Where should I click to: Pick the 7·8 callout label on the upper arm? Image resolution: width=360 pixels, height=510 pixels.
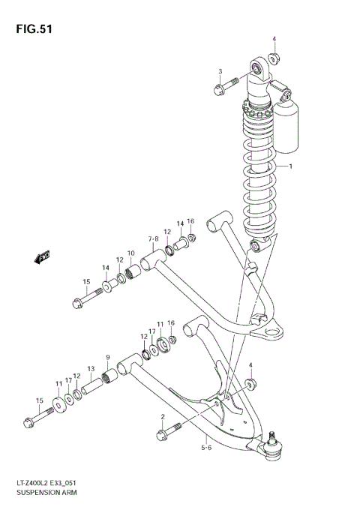tap(154, 241)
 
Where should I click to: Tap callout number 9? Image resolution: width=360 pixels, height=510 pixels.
tap(108, 357)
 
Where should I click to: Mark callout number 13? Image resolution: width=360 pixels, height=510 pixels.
tap(91, 369)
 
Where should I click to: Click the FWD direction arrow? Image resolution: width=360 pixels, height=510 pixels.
tap(41, 258)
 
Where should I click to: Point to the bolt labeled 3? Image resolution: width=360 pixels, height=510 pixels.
tap(226, 88)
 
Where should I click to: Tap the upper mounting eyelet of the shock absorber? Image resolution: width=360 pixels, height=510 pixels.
tap(259, 71)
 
